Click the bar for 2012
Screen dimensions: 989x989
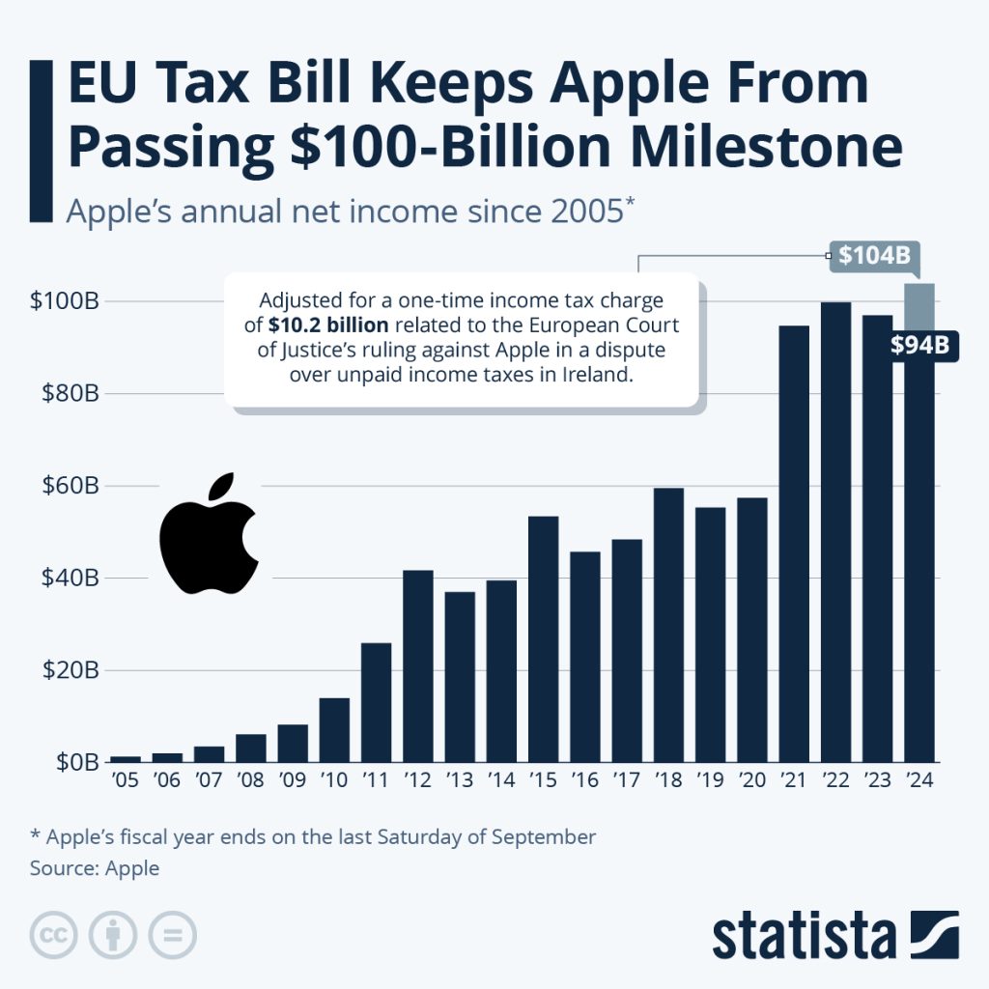coord(417,666)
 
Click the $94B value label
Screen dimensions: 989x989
coord(919,345)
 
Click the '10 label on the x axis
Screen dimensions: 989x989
coord(334,781)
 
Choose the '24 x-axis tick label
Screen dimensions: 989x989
coord(919,781)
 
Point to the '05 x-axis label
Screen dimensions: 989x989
coord(126,781)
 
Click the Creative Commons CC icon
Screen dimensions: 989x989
coord(54,935)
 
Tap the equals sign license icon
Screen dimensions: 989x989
coord(172,935)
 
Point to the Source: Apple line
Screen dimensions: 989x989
coord(95,867)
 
